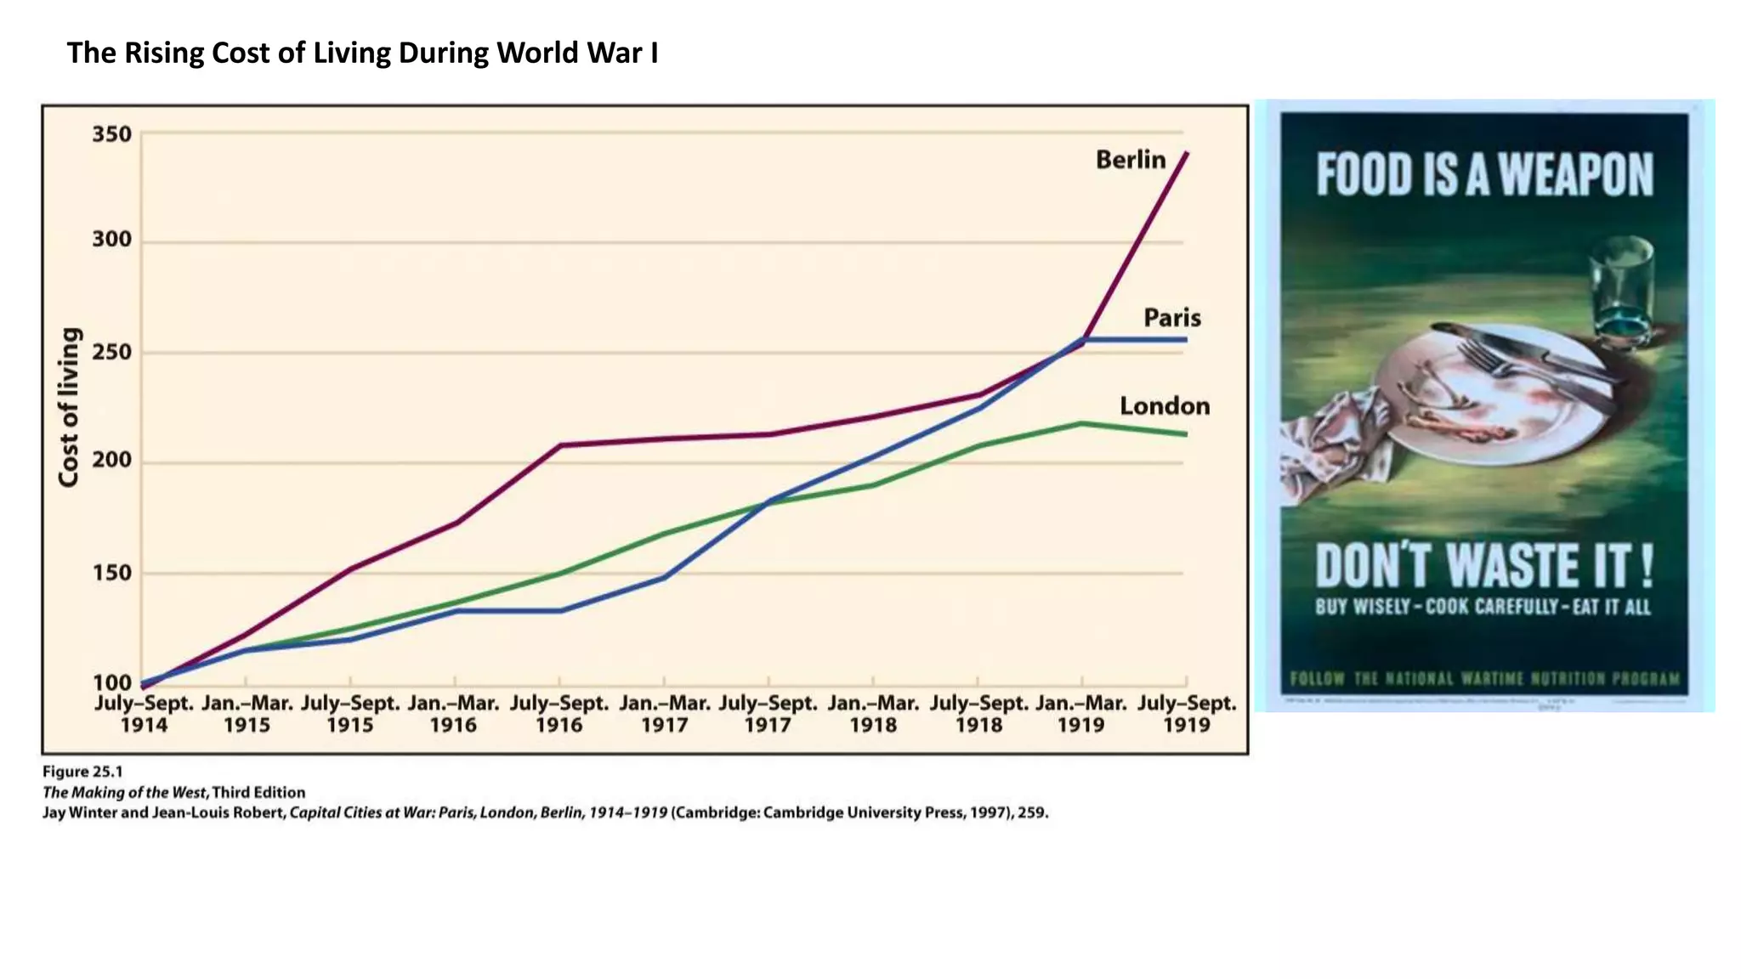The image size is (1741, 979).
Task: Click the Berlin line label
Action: pos(1130,160)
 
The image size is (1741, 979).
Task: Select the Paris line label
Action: pos(1171,318)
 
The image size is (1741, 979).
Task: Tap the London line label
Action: pos(1164,406)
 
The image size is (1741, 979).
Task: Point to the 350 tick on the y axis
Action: pos(112,134)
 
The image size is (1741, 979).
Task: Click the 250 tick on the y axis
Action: pos(112,352)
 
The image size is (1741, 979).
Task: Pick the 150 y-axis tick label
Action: pos(112,573)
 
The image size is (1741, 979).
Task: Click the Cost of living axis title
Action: pos(69,407)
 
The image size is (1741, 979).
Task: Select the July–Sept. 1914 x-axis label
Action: pos(144,714)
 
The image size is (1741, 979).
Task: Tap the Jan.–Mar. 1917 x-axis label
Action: pos(665,714)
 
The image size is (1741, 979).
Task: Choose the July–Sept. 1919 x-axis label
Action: pos(1187,714)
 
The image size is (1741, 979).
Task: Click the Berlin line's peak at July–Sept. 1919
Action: pos(1187,153)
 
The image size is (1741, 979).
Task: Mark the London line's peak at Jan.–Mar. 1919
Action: pos(1081,423)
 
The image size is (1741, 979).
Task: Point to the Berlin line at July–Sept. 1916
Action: pos(560,445)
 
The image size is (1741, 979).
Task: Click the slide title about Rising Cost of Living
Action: pos(362,53)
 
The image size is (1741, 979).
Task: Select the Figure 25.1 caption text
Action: pos(83,772)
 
